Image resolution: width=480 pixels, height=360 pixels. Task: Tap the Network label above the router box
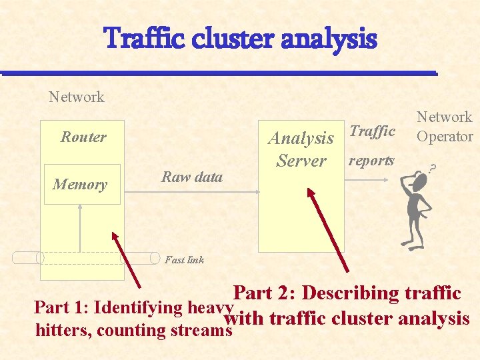(x=77, y=97)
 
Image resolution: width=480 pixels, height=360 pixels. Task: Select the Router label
(x=83, y=137)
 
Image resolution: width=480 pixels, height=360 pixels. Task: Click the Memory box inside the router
(x=79, y=185)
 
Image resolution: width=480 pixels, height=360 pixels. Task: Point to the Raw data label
(x=192, y=177)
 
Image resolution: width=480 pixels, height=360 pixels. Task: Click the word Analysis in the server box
(x=301, y=139)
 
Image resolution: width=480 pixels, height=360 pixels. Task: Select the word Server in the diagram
(x=301, y=161)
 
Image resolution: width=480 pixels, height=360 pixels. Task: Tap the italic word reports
(x=371, y=161)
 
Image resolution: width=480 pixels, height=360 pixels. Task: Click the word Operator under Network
(x=445, y=137)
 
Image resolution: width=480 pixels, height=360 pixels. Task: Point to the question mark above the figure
(x=434, y=169)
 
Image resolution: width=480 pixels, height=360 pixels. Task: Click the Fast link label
(x=184, y=260)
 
